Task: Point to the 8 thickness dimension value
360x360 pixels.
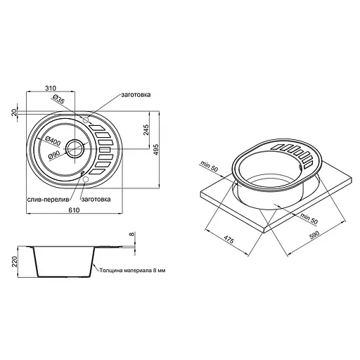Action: pos(131,236)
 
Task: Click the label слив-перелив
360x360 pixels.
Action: pos(48,199)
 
